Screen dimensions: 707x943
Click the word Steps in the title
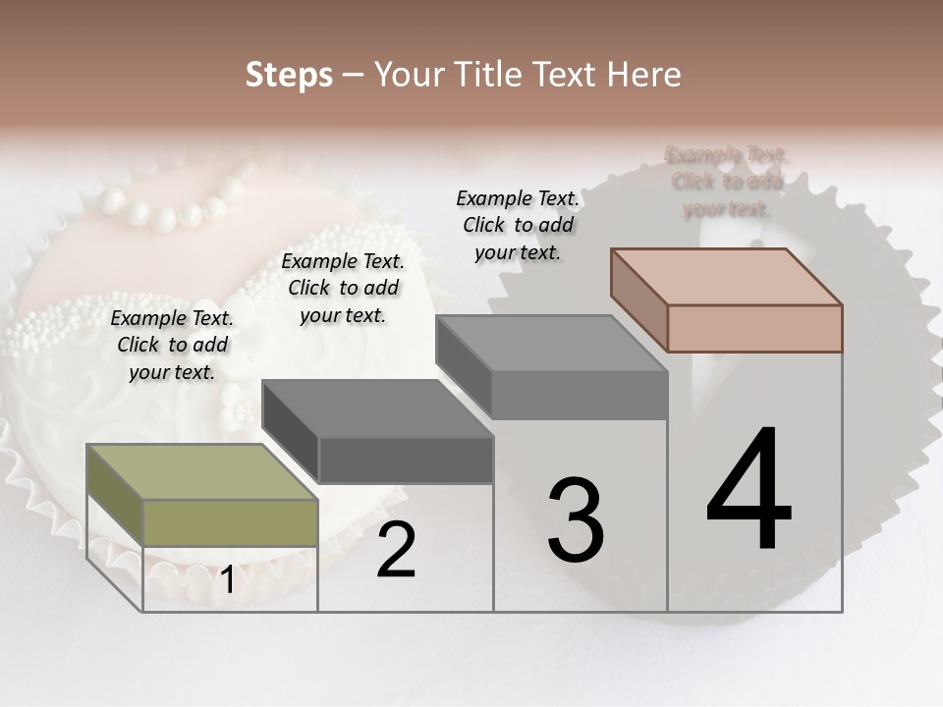tap(289, 75)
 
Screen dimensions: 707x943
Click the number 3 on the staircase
tap(576, 520)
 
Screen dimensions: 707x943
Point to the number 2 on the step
tap(396, 550)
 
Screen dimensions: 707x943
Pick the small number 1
tap(227, 580)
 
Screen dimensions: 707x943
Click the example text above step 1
tap(172, 345)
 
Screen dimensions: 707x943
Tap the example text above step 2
tap(343, 288)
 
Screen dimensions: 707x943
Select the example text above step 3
tap(518, 225)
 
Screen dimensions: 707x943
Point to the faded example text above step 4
tap(727, 182)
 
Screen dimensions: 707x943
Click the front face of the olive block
tap(231, 522)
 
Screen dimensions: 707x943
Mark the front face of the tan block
tap(754, 328)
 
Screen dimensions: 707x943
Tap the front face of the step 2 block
tap(406, 460)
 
